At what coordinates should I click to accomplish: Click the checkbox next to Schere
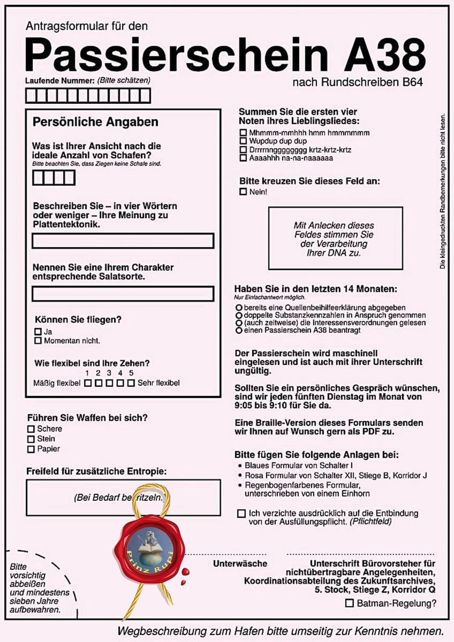click(31, 429)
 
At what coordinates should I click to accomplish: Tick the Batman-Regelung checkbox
click(349, 603)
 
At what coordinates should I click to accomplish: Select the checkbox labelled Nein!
click(243, 192)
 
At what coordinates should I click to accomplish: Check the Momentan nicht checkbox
click(38, 340)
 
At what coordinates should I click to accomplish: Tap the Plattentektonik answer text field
click(123, 241)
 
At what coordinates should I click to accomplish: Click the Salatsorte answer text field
click(123, 294)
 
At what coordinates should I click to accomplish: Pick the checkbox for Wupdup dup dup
click(243, 141)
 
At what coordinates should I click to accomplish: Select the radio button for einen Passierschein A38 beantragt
click(238, 331)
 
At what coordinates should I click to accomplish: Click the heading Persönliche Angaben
click(95, 122)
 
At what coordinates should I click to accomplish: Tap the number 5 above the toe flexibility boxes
click(131, 373)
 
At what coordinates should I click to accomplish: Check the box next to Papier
click(31, 449)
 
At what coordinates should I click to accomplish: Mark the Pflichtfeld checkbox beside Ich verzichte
click(241, 514)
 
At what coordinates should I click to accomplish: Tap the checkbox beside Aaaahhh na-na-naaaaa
click(243, 158)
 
